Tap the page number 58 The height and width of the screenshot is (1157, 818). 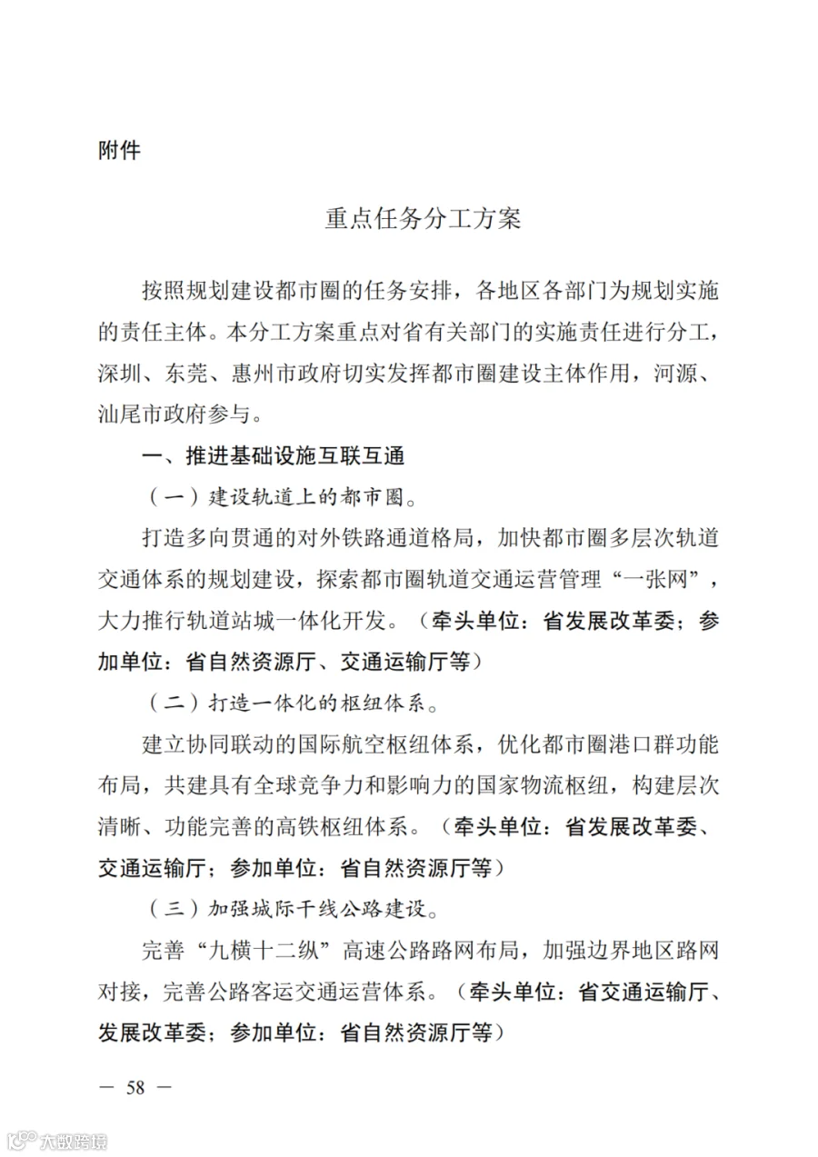point(136,1087)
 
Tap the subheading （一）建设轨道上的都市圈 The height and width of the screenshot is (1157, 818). point(285,498)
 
